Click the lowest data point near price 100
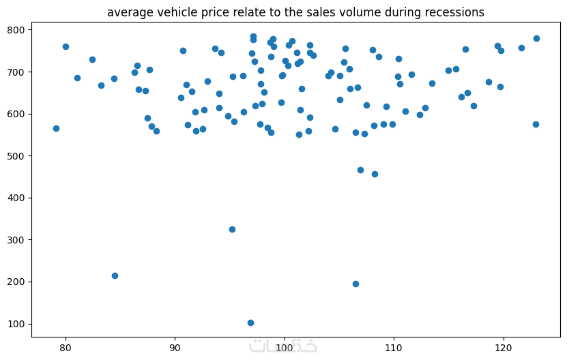click(250, 322)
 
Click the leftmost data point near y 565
click(56, 128)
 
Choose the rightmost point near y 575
click(536, 124)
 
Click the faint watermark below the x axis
click(284, 345)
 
